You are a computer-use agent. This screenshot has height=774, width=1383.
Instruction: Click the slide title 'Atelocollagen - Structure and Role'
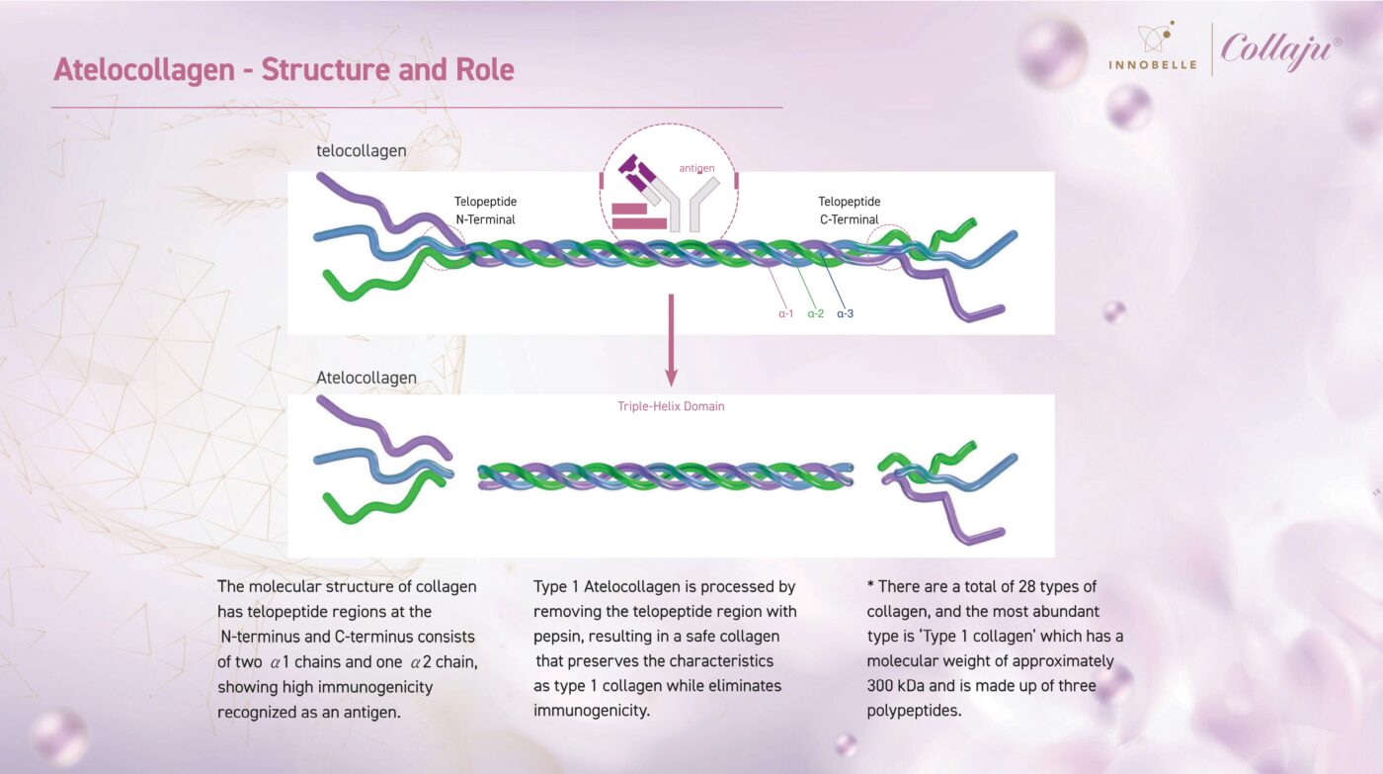point(284,70)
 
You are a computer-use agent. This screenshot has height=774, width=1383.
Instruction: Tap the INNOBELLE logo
point(1152,49)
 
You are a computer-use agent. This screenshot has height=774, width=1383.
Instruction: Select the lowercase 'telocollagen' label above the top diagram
point(361,151)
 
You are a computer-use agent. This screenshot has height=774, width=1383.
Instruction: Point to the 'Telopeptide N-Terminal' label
point(485,211)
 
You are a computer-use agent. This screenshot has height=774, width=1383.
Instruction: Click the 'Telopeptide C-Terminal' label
point(849,211)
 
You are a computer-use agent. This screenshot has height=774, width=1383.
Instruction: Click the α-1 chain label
point(785,314)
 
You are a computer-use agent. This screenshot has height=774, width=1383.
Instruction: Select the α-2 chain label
point(815,314)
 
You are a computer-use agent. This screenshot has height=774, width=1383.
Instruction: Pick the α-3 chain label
point(846,314)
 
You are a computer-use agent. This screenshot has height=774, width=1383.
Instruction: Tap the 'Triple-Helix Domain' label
point(671,406)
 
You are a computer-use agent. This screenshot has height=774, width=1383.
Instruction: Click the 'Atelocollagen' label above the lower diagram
point(366,378)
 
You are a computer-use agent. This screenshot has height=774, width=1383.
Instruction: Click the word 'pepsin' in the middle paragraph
point(556,636)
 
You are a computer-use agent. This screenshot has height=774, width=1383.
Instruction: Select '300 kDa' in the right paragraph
point(894,660)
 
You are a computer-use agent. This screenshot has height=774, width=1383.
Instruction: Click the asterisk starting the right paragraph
point(870,586)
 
